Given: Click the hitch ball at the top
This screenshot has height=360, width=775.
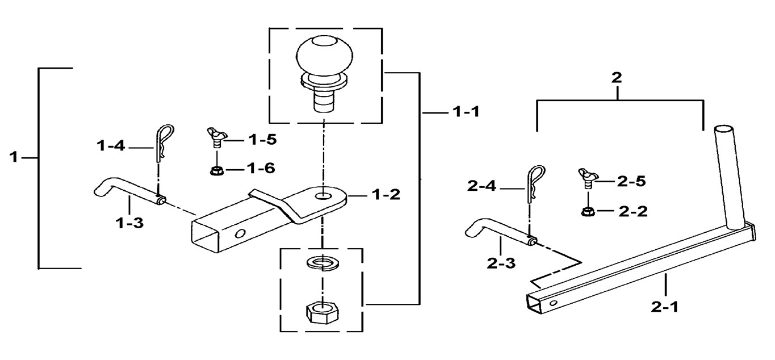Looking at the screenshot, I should pyautogui.click(x=324, y=60).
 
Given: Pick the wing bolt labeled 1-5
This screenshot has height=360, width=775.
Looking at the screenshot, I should pyautogui.click(x=216, y=137).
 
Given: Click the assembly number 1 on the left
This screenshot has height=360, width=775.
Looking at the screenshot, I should pyautogui.click(x=16, y=157).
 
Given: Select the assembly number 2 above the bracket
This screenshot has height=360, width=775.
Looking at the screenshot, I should pyautogui.click(x=617, y=78).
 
